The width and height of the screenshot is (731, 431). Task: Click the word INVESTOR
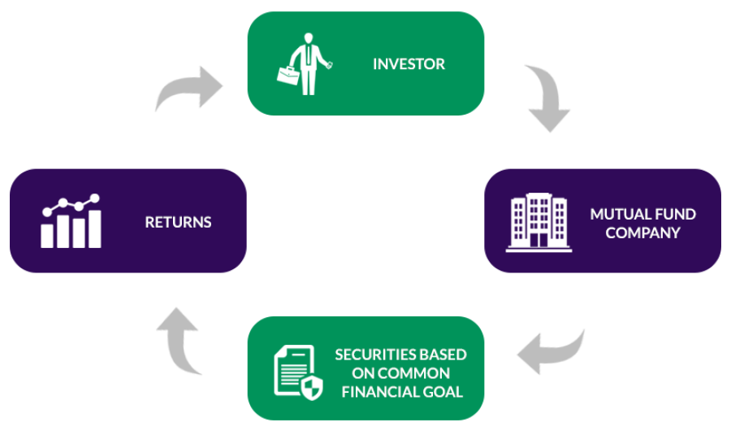[409, 63]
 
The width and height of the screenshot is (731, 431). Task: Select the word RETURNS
[178, 221]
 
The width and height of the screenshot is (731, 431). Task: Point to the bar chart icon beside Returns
[71, 220]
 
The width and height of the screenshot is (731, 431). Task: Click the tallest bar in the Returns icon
[95, 228]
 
